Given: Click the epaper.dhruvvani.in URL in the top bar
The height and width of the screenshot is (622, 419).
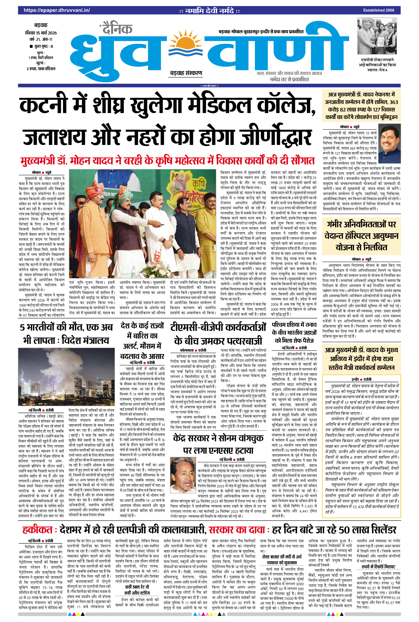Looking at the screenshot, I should tap(57, 10).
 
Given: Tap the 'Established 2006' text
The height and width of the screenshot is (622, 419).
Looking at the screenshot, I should tap(378, 10).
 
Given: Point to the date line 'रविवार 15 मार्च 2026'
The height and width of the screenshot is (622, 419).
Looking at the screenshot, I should tap(41, 33).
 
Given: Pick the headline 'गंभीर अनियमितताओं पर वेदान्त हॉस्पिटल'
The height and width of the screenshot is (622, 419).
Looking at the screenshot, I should tap(361, 236).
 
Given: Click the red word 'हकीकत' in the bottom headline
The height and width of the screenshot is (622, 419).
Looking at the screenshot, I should tap(38, 529).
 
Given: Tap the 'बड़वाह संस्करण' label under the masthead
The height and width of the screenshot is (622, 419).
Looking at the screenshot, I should tap(186, 73).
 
